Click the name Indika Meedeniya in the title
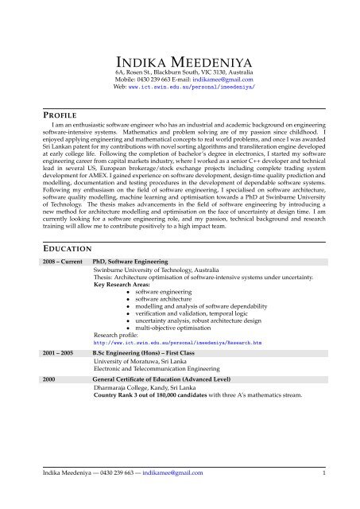click(180, 63)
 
